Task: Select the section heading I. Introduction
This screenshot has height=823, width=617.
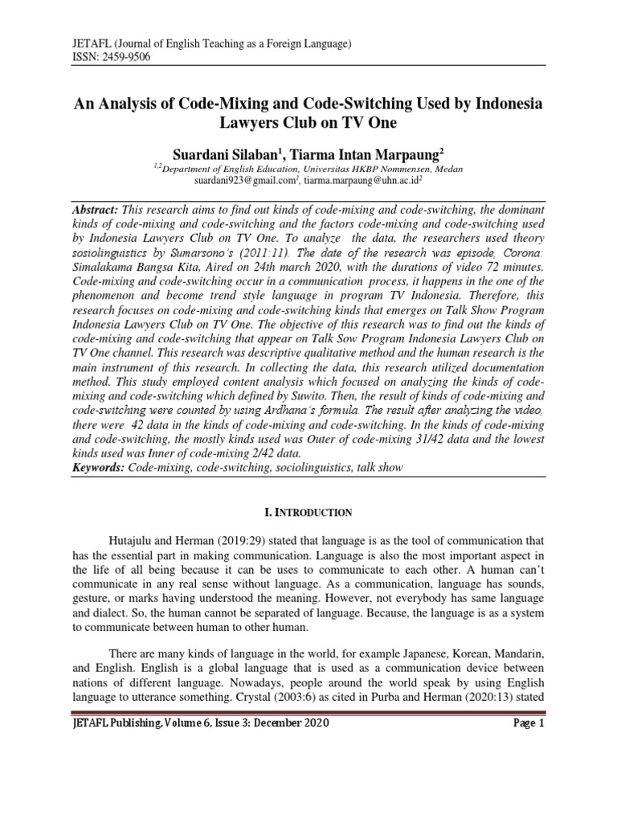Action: click(308, 512)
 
